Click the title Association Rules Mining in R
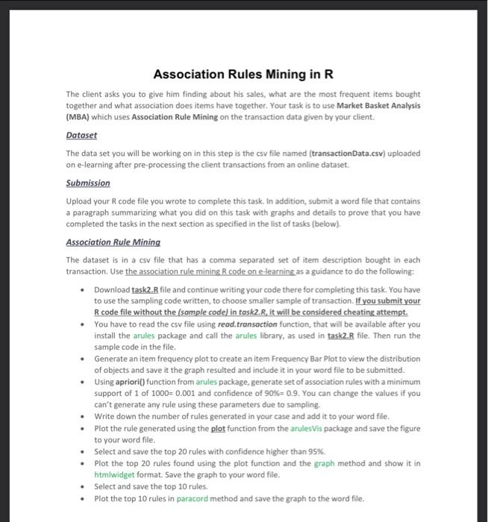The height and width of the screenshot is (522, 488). coord(243,75)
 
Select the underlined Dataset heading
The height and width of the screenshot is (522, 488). coord(82,136)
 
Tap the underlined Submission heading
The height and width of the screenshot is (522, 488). coord(88,183)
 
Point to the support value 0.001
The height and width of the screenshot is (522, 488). coord(172,393)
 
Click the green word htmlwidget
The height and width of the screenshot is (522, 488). coord(115,474)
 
